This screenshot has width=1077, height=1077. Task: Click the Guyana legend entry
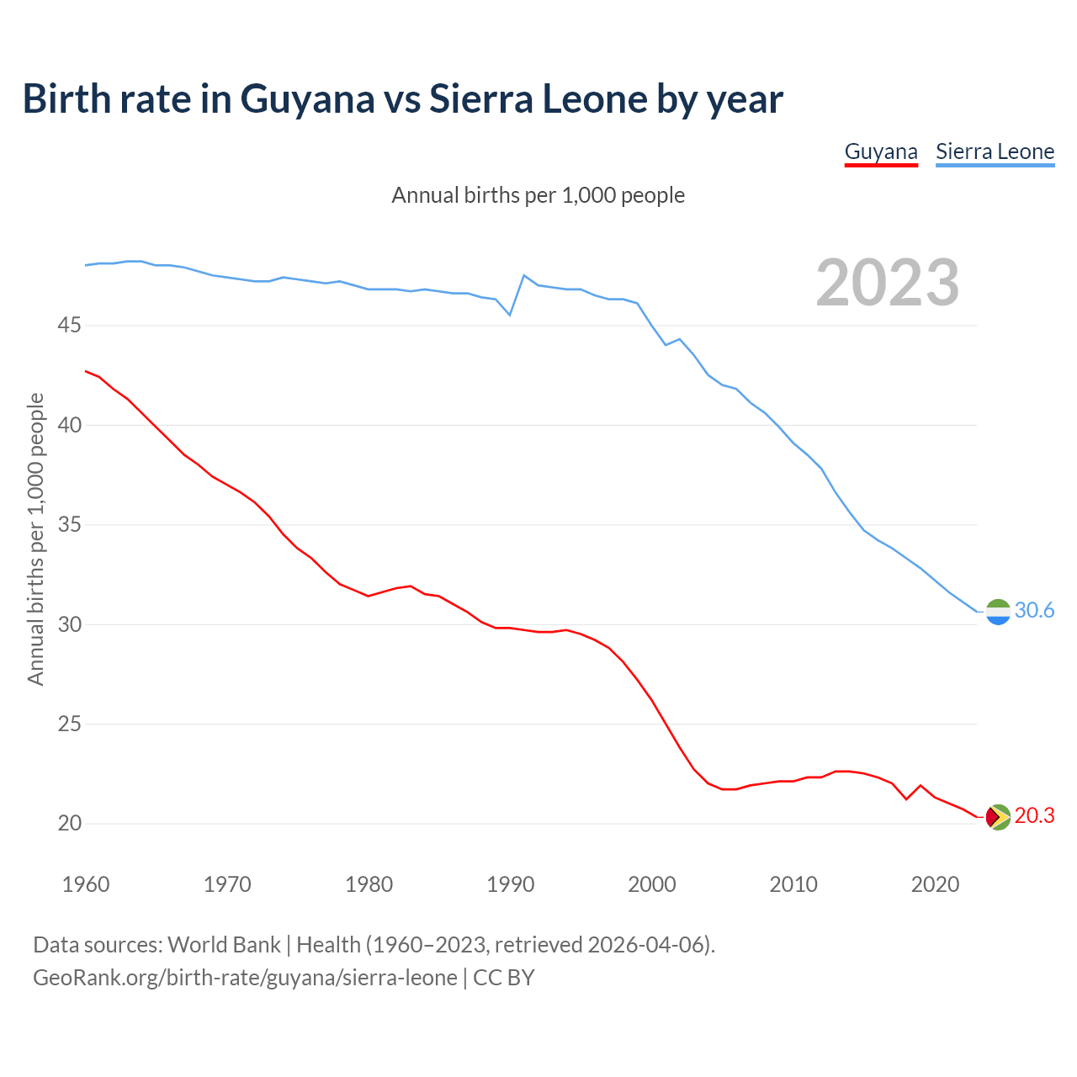[881, 151]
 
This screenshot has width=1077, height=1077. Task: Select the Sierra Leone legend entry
[995, 151]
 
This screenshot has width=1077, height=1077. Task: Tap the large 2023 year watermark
[888, 283]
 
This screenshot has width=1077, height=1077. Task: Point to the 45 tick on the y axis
[70, 325]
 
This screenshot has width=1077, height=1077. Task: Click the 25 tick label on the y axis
[70, 724]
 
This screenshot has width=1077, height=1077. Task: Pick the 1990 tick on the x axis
[511, 884]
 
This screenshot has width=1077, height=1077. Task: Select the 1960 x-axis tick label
[86, 884]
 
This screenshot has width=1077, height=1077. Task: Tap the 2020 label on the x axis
[935, 884]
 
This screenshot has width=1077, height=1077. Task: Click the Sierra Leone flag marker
[998, 612]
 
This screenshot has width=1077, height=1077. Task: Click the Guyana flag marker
[998, 817]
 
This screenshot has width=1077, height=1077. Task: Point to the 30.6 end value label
[1034, 611]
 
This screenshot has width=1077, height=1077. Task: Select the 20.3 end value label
[1034, 816]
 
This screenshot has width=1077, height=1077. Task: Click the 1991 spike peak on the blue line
[524, 275]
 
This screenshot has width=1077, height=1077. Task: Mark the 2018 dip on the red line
[906, 798]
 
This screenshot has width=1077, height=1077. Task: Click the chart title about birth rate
[403, 98]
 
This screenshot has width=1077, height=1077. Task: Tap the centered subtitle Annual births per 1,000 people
[538, 195]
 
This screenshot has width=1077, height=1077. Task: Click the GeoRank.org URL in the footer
[245, 978]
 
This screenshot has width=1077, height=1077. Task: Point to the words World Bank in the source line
[224, 944]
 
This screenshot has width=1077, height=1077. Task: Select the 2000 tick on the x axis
[652, 884]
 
